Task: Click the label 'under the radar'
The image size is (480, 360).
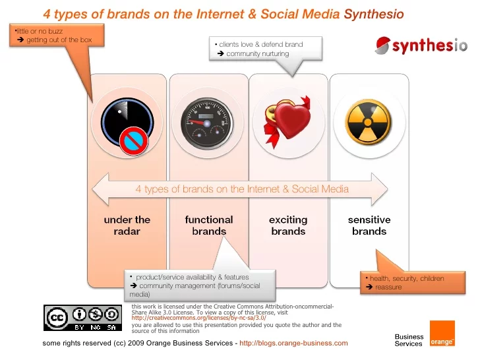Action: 127,225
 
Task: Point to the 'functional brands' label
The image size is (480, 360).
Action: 209,225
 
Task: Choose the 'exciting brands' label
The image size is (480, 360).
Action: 288,225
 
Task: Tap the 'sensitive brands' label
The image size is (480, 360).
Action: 369,225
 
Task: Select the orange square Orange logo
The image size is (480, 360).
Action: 442,334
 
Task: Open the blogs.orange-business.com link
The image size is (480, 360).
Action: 293,344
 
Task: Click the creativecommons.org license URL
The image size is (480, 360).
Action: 198,318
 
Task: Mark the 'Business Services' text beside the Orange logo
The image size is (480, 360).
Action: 409,340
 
